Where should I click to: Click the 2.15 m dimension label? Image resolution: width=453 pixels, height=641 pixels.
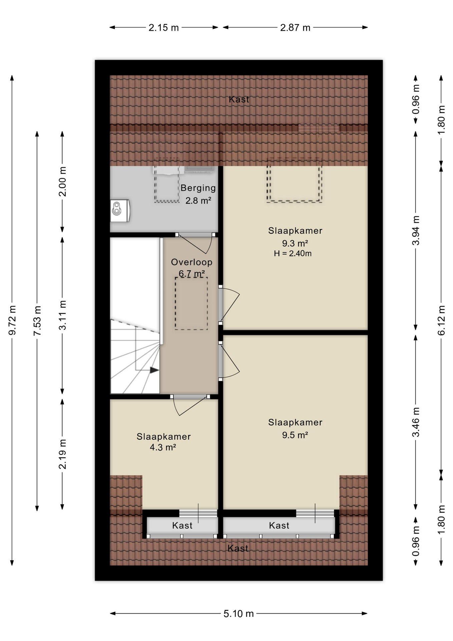[x=163, y=27]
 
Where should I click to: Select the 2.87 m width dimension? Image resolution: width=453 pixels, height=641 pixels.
[x=295, y=27]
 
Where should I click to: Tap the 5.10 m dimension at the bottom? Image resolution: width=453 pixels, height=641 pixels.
[x=239, y=613]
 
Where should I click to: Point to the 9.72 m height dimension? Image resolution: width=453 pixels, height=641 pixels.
[x=12, y=320]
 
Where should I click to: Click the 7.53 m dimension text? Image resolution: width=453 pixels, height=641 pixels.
[x=37, y=320]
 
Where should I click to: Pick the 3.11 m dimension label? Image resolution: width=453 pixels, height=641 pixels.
[x=62, y=315]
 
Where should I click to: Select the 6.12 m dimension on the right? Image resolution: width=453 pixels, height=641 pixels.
[x=441, y=320]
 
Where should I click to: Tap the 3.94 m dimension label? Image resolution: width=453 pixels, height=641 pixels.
[x=416, y=230]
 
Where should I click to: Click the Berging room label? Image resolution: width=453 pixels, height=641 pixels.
[x=198, y=188]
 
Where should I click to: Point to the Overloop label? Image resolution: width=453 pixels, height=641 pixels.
[x=191, y=262]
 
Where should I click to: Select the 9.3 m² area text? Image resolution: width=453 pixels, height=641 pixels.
[x=295, y=243]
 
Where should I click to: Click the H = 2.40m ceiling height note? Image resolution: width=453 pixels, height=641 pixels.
[x=293, y=253]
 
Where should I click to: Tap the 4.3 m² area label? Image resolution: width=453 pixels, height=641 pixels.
[x=163, y=447]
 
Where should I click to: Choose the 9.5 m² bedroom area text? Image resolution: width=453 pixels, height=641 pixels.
[x=295, y=435]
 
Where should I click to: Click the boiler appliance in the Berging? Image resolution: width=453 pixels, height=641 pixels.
[x=120, y=210]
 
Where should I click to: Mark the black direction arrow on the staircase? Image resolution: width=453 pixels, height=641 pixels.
[x=154, y=370]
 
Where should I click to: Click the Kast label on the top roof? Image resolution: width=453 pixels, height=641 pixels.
[x=239, y=99]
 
